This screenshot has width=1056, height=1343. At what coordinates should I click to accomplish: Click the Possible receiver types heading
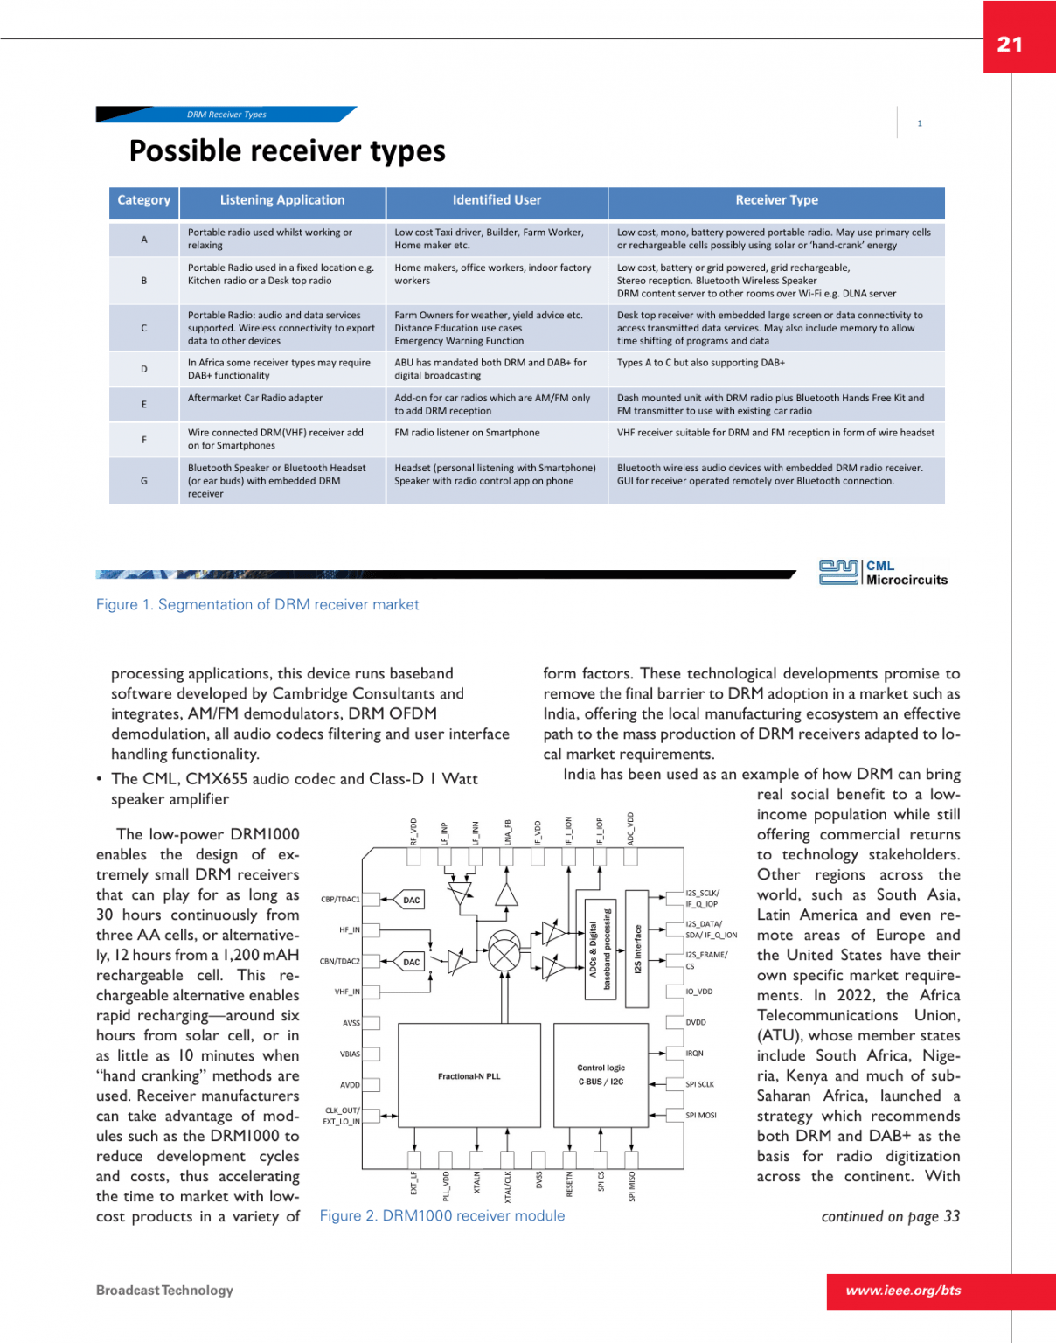tap(287, 151)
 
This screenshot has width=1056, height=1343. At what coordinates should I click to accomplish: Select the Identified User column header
tap(497, 200)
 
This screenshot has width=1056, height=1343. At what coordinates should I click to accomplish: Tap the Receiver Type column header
tap(776, 200)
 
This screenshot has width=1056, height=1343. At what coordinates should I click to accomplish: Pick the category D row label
tap(144, 369)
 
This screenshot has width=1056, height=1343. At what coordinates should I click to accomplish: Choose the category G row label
tap(144, 481)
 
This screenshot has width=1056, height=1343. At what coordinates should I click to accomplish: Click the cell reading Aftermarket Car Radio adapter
tap(255, 399)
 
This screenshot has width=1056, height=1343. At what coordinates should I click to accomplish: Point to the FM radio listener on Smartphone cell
tap(467, 433)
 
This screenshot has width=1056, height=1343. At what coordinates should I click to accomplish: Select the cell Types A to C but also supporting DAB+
tap(701, 363)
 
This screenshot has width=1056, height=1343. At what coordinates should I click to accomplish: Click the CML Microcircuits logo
tap(883, 573)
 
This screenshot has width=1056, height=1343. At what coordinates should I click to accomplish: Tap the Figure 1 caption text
tap(257, 605)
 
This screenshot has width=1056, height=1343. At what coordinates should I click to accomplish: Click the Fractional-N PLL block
tap(469, 1076)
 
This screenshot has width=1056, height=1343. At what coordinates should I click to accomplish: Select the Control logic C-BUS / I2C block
tap(601, 1075)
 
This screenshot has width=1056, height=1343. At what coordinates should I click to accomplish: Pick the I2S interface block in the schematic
tap(637, 949)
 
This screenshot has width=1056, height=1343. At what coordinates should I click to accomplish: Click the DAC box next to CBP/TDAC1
tap(411, 900)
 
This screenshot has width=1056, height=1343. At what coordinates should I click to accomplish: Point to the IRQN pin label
tap(695, 1054)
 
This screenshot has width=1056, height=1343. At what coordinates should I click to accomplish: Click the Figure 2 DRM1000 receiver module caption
tap(441, 1216)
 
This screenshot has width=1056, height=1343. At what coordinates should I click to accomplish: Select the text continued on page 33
tap(890, 1217)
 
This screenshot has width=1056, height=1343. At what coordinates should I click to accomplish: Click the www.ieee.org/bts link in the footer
tap(903, 1291)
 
